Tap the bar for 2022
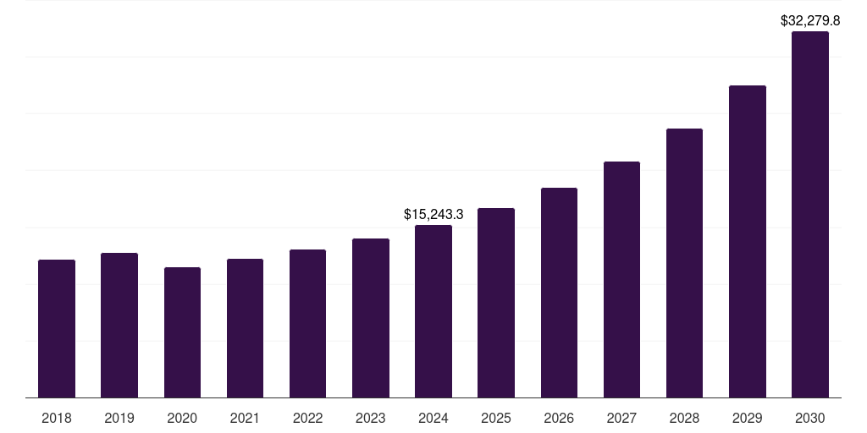coord(307,323)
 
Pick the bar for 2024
coord(433,311)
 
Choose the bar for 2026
coord(559,293)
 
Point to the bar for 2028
coord(684,263)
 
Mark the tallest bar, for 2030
coord(810,215)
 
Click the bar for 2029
coord(747,241)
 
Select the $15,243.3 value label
coord(433,215)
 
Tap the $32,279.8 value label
coord(810,20)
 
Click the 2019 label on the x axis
coord(119,418)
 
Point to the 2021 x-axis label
coord(245,418)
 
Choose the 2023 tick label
coord(370,418)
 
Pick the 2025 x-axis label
coord(496,418)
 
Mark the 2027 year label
coord(621,418)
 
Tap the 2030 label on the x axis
coord(810,418)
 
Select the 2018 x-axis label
coord(57,418)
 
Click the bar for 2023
coord(370,318)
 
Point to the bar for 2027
coord(621,279)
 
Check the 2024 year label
coord(433,418)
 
